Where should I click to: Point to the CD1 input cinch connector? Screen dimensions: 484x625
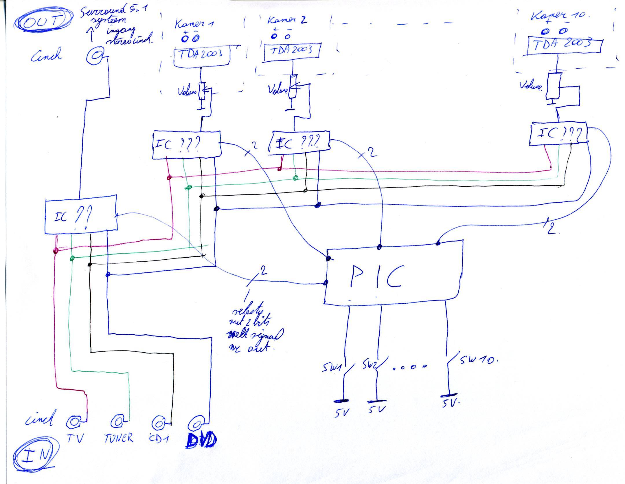click(158, 424)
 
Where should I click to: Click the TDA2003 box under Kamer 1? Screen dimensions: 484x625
click(202, 56)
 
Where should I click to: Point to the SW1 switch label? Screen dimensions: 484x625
click(330, 368)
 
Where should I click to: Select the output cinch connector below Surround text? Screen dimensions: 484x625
click(94, 56)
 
